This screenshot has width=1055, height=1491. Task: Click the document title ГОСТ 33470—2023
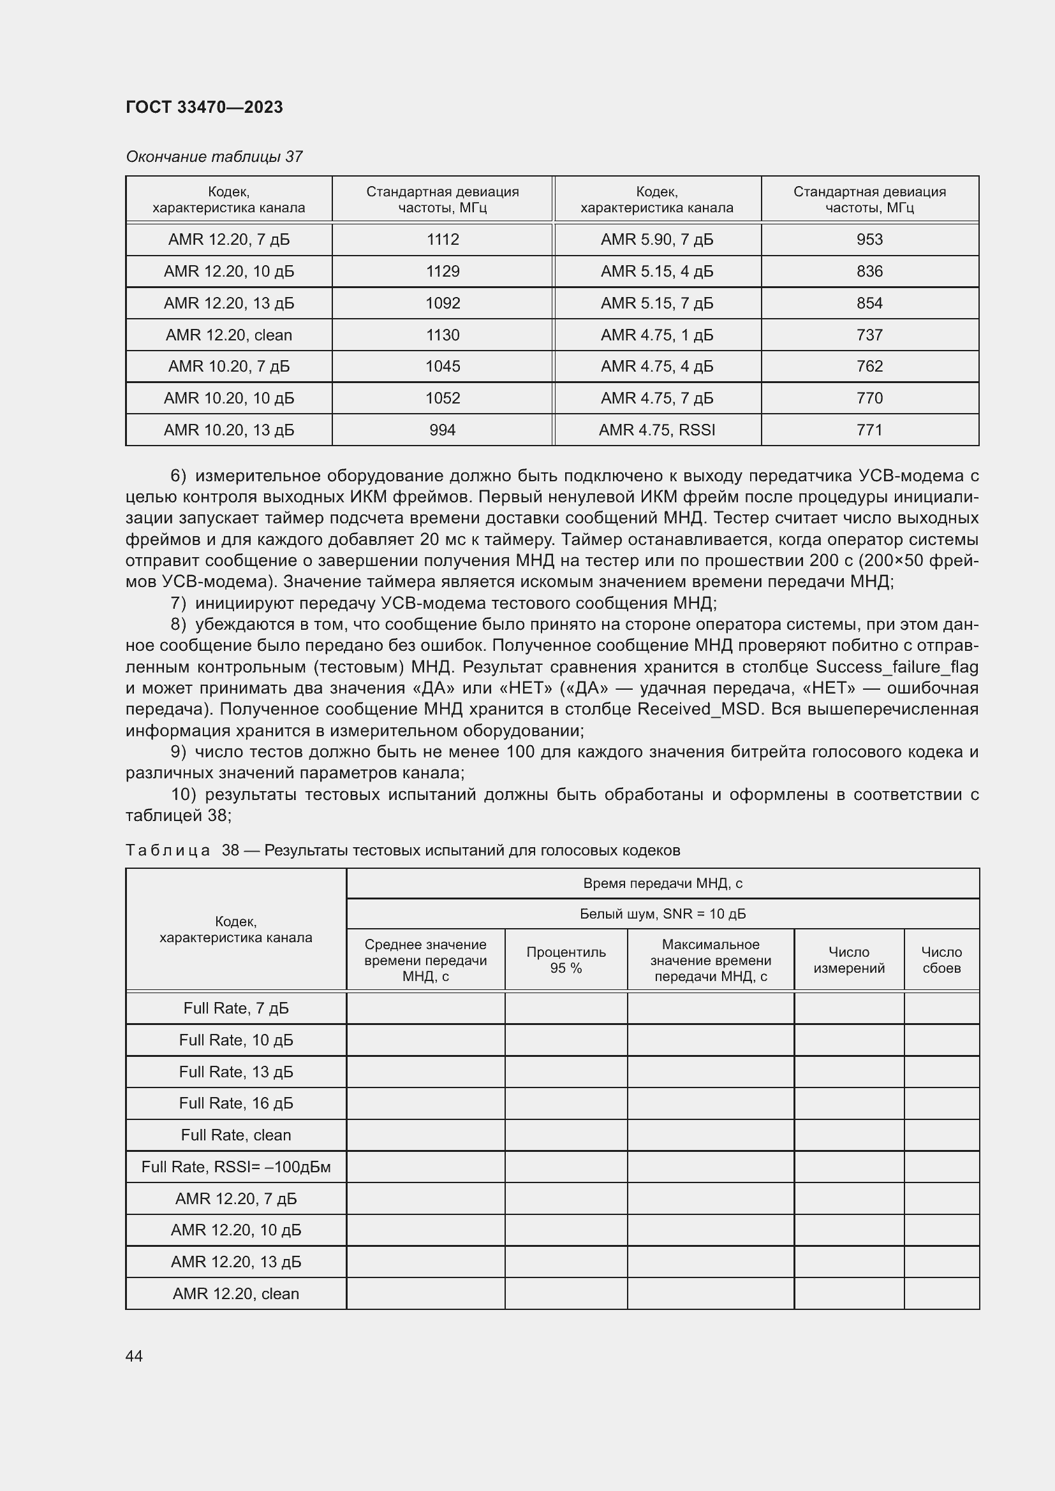point(204,107)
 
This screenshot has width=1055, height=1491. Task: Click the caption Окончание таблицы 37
point(214,157)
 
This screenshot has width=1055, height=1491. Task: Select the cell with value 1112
point(443,240)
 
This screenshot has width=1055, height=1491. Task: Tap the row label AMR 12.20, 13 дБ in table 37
point(229,303)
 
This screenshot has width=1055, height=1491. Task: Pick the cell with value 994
point(443,430)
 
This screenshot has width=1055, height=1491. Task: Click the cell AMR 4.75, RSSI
point(657,430)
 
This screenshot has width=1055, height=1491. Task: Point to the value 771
point(869,430)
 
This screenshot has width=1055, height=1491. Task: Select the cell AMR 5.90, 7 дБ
point(657,240)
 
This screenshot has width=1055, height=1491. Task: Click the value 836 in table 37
point(869,272)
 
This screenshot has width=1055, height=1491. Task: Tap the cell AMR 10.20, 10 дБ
point(229,398)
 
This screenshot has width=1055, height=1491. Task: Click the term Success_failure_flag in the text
point(896,667)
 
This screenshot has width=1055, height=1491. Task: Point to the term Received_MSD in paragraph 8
point(698,709)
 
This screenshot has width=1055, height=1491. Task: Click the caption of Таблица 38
point(402,850)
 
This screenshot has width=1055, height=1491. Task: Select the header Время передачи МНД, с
point(663,883)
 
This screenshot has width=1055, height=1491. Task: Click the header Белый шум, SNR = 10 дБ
point(663,913)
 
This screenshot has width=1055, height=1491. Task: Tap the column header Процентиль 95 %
point(566,960)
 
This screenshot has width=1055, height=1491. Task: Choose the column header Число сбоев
point(941,960)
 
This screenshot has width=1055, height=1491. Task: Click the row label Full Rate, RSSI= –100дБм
point(236,1167)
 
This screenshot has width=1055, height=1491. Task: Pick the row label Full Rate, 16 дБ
point(236,1103)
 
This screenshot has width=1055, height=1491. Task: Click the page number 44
point(135,1356)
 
